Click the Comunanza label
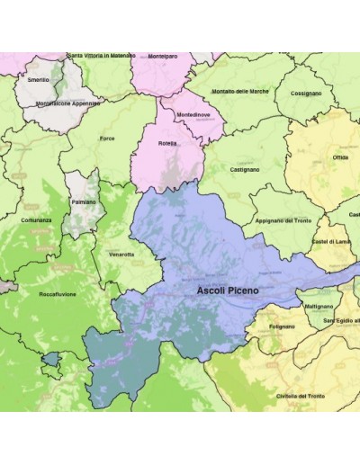pyautogui.click(x=36, y=220)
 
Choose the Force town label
pyautogui.click(x=107, y=138)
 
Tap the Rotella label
pyautogui.click(x=167, y=144)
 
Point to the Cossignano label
pyautogui.click(x=307, y=94)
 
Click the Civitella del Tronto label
pyautogui.click(x=300, y=396)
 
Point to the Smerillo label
pyautogui.click(x=38, y=80)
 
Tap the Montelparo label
pyautogui.click(x=164, y=56)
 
